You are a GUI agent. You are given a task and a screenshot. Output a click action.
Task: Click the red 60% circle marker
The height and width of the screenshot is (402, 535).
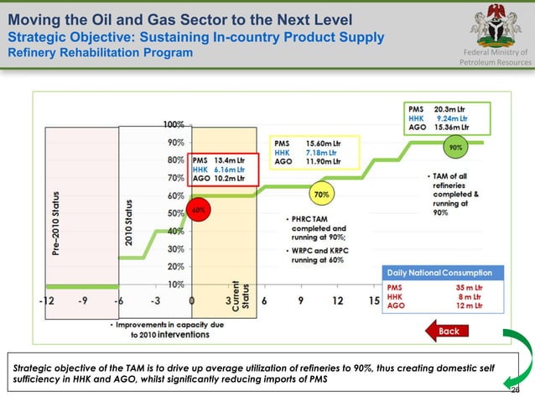199,210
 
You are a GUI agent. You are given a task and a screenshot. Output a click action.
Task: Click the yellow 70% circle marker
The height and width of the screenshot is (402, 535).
320,195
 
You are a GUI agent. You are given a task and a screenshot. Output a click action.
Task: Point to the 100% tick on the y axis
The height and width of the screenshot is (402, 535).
174,124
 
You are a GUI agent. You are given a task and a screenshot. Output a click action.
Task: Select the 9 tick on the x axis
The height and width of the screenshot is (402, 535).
300,300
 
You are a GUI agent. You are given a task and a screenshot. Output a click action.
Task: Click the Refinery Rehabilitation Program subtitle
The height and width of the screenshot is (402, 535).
101,54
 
